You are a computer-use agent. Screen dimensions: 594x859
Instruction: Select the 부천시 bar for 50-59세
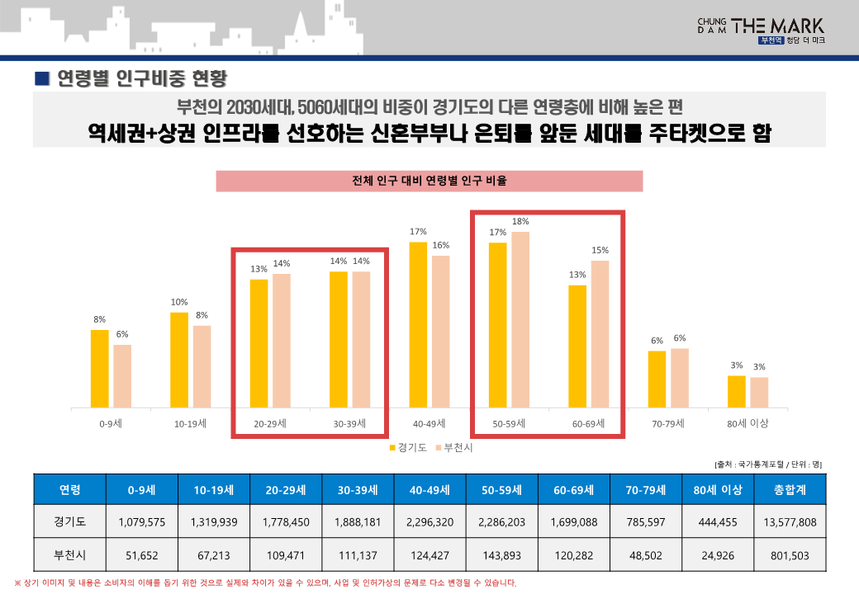click(x=520, y=319)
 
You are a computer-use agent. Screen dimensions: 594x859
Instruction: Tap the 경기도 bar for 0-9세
click(x=100, y=368)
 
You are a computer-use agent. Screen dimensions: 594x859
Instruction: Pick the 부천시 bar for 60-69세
click(x=600, y=333)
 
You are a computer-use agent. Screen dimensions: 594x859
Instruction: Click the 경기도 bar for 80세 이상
click(x=737, y=391)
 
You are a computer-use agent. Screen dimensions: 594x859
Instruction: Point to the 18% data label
click(x=520, y=221)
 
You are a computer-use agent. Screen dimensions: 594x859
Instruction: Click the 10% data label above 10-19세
click(x=179, y=302)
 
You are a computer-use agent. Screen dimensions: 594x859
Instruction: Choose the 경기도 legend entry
click(x=407, y=447)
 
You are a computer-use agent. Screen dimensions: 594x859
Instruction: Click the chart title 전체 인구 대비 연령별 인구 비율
click(x=429, y=181)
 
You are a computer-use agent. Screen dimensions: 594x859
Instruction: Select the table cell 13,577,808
click(x=790, y=521)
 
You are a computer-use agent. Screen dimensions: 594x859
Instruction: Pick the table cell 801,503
click(x=790, y=554)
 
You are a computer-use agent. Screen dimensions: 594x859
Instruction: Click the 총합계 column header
click(x=790, y=489)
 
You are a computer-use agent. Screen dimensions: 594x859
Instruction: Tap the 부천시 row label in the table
click(x=70, y=554)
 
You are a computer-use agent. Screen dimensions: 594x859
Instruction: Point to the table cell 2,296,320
click(x=430, y=521)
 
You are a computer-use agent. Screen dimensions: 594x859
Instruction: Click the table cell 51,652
click(x=142, y=554)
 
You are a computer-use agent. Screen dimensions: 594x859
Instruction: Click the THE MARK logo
click(x=761, y=29)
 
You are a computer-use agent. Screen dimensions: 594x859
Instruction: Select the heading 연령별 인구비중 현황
click(x=140, y=78)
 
